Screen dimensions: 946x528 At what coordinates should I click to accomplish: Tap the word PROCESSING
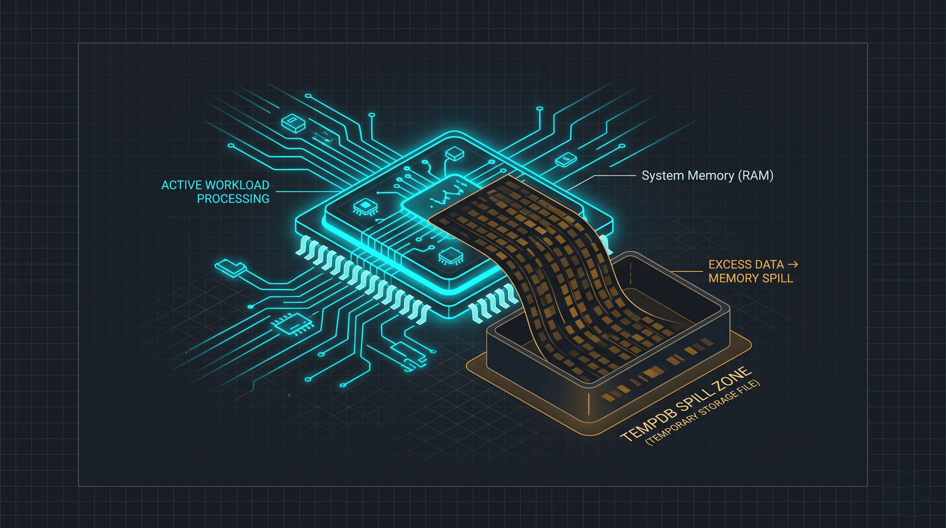coord(233,199)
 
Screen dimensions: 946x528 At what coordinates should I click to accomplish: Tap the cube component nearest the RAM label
coord(565,160)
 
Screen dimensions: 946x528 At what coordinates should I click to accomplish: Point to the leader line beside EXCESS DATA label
coord(687,272)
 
